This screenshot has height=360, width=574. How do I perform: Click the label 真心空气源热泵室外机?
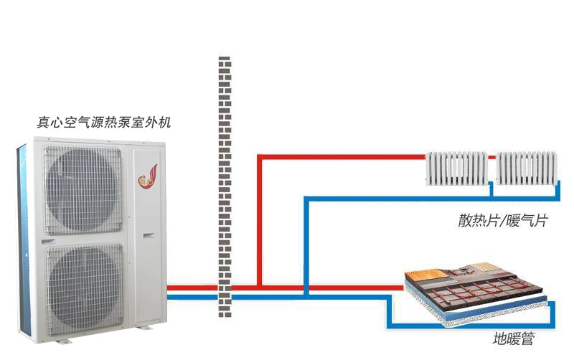103,122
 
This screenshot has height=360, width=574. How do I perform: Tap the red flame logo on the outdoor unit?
148,176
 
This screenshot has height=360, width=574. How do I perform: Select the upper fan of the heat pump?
83,190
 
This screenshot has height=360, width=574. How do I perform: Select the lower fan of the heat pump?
85,288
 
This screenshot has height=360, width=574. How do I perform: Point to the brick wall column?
225,186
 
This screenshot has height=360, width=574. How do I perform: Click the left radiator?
457,169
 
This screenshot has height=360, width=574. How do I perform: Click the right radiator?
527,169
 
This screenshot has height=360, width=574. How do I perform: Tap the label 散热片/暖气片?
503,221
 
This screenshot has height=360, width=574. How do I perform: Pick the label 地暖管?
514,338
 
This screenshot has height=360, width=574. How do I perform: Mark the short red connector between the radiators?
492,158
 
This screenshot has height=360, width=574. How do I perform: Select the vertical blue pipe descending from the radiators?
307,245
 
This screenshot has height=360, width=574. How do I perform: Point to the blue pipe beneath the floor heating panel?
471,325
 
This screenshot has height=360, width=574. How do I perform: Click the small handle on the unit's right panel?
149,236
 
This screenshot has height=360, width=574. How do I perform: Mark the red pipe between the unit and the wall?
193,288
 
